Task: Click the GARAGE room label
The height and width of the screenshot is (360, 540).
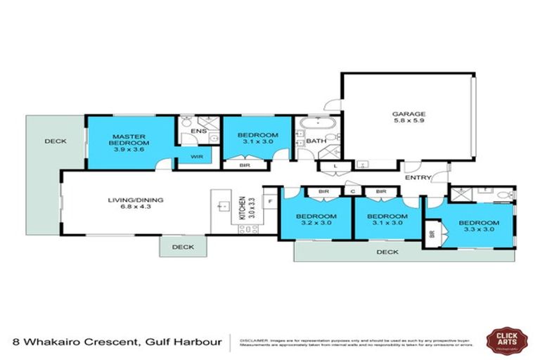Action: [409, 113]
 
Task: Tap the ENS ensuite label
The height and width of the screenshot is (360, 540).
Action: [198, 131]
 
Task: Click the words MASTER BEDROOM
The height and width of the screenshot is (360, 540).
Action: [129, 139]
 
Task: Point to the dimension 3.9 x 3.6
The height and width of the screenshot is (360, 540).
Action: [129, 150]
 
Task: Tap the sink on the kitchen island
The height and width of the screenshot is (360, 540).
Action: [224, 206]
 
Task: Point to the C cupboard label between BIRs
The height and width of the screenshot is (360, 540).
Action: [352, 191]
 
